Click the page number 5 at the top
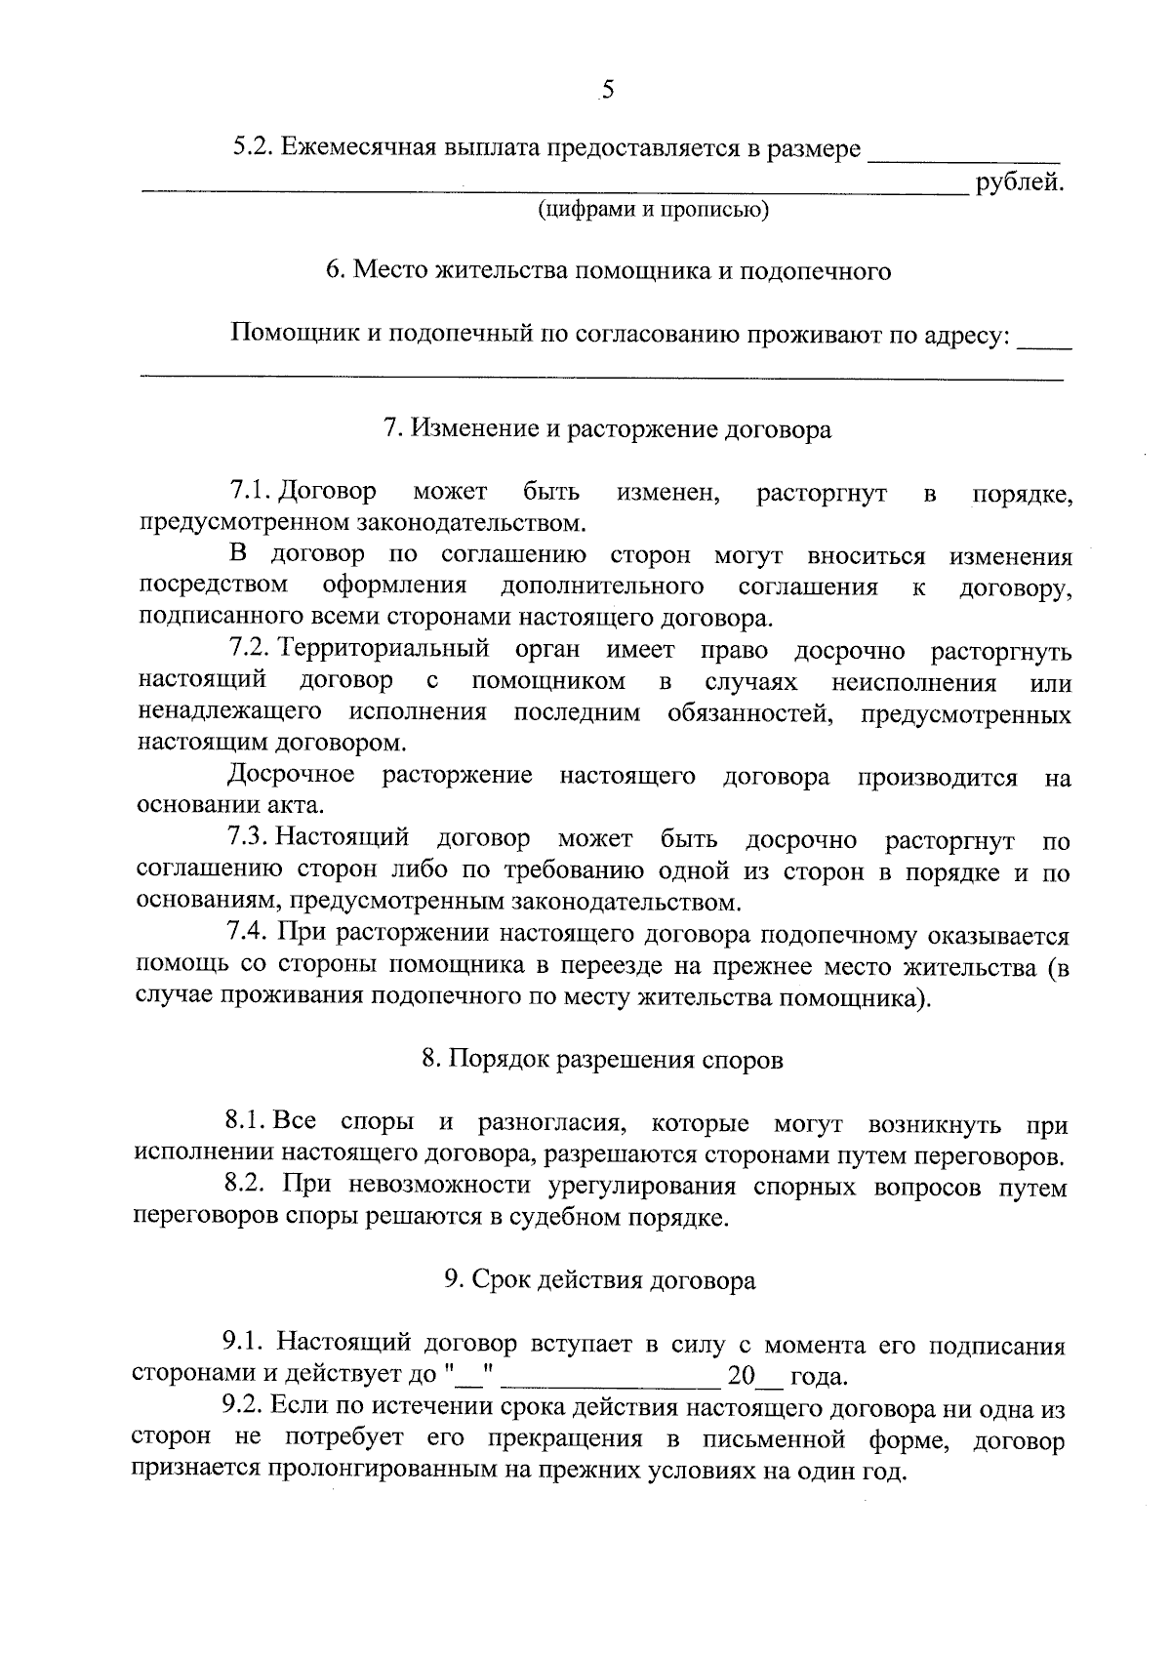[607, 91]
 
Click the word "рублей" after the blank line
[1019, 182]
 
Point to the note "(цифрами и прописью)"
[654, 210]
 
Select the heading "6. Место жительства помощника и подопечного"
[608, 270]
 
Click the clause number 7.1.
[249, 493]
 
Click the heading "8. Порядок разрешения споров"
[602, 1061]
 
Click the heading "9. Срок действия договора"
[600, 1280]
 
